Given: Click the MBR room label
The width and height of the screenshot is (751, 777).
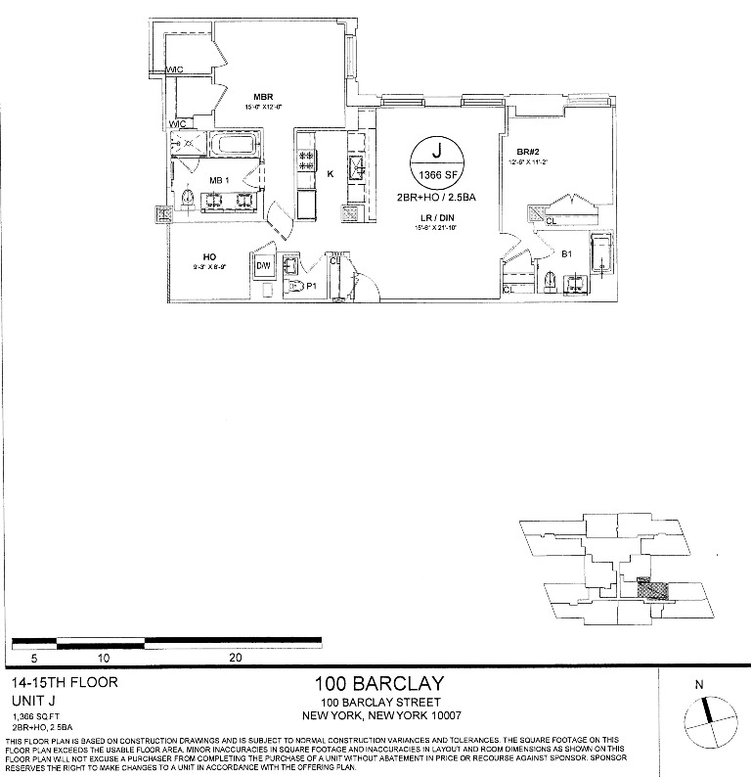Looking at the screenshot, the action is coord(262,97).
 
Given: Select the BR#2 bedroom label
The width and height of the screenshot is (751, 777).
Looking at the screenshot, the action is coord(528,152).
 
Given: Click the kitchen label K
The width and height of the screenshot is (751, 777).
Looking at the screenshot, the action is coord(331,173).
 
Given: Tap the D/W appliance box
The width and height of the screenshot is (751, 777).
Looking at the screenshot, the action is coord(263,267).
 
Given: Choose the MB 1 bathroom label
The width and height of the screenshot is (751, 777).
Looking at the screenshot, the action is coord(219,182).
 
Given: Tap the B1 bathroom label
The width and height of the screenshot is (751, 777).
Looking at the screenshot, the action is coord(566,254).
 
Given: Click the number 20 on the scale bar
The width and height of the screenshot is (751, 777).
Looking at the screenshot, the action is coord(235,659).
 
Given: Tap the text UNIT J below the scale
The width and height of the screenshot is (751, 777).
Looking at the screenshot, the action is coord(32,701).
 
